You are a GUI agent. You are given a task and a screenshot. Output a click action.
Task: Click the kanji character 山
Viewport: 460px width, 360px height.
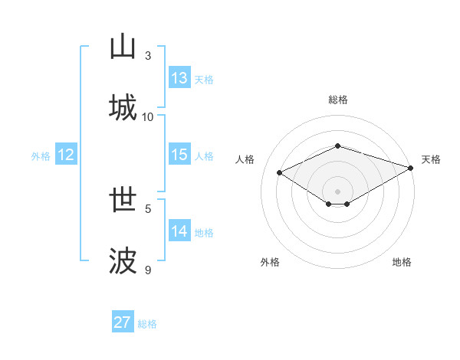pyautogui.click(x=123, y=47)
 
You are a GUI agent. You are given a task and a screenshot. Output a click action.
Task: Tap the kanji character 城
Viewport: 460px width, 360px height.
pyautogui.click(x=123, y=107)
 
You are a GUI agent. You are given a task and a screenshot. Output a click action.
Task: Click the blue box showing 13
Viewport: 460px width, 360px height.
pyautogui.click(x=179, y=78)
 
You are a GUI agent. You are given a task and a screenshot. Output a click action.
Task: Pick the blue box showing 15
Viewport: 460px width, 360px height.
pyautogui.click(x=179, y=155)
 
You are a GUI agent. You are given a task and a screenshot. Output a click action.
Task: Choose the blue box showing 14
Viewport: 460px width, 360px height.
pyautogui.click(x=179, y=231)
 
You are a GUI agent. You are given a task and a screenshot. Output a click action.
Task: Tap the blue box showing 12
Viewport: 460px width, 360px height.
pyautogui.click(x=66, y=155)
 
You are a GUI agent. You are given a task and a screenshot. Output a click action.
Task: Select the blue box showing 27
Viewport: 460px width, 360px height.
pyautogui.click(x=123, y=322)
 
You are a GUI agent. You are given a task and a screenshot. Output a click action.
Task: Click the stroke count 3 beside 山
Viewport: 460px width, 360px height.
pyautogui.click(x=148, y=56)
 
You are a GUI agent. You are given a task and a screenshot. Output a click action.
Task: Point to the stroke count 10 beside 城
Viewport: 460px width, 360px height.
pyautogui.click(x=148, y=117)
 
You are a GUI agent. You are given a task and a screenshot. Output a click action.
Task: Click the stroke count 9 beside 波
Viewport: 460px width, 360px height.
pyautogui.click(x=148, y=270)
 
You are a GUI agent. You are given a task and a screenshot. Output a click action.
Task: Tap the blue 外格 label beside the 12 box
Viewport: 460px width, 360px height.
pyautogui.click(x=41, y=156)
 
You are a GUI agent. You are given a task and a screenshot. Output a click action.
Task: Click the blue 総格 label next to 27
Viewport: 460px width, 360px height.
pyautogui.click(x=147, y=324)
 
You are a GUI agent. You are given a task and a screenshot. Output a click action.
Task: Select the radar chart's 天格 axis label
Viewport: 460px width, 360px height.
pyautogui.click(x=432, y=159)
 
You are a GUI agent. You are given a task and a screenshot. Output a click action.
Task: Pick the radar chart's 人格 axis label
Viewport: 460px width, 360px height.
pyautogui.click(x=245, y=159)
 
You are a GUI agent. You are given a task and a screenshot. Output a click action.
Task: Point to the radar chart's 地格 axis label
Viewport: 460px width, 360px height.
pyautogui.click(x=402, y=262)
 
